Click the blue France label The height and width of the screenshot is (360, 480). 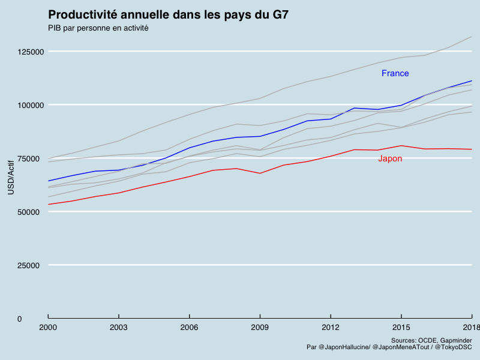(x=395, y=73)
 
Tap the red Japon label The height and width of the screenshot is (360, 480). (x=390, y=158)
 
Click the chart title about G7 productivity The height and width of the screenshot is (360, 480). (x=168, y=15)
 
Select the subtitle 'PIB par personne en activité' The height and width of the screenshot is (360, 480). (x=98, y=28)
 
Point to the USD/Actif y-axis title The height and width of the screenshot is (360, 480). (x=11, y=178)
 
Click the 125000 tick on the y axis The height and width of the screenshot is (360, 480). (x=31, y=52)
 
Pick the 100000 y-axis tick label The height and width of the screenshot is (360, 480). (x=31, y=106)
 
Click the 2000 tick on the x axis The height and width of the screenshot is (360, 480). (x=48, y=327)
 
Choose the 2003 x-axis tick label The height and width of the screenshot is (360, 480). (x=119, y=327)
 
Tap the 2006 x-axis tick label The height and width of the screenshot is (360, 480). (x=190, y=327)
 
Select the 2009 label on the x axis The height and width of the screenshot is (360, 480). (x=260, y=327)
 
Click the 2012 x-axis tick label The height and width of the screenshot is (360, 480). (x=331, y=327)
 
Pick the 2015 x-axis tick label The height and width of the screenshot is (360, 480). (x=401, y=327)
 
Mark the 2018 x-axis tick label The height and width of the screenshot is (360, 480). (x=470, y=327)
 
